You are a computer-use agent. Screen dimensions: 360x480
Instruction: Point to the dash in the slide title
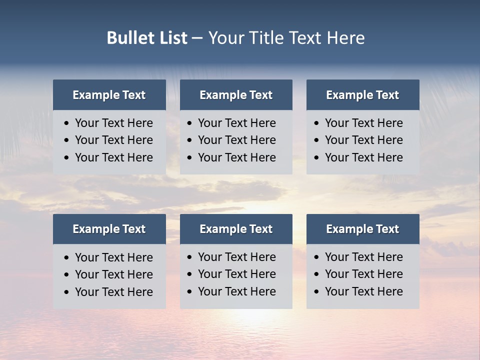click(x=197, y=38)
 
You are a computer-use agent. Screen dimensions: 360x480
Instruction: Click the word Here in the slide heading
click(x=345, y=38)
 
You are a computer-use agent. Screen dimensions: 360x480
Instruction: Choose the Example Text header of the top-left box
click(x=109, y=95)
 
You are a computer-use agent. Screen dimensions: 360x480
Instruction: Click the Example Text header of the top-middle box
click(x=236, y=95)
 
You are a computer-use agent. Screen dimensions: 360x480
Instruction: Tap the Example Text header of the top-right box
click(x=362, y=95)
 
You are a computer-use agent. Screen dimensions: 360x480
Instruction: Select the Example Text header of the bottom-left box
click(x=109, y=229)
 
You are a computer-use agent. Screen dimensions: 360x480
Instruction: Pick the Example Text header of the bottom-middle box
click(x=236, y=229)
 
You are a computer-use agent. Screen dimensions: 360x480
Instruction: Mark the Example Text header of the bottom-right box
click(x=362, y=229)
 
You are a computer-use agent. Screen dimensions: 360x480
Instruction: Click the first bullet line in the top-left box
click(x=114, y=123)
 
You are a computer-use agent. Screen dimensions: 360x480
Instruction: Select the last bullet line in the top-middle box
click(x=237, y=157)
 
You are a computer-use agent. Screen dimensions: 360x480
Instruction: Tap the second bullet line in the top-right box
click(x=364, y=140)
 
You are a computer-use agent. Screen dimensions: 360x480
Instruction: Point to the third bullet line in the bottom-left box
click(x=114, y=292)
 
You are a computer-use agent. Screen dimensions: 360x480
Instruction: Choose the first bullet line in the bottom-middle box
click(x=237, y=257)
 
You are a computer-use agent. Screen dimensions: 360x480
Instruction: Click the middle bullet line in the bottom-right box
click(x=364, y=274)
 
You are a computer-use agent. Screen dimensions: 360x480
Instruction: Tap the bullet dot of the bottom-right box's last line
click(x=317, y=292)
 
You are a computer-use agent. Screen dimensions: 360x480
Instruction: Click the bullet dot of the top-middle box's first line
click(x=190, y=123)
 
